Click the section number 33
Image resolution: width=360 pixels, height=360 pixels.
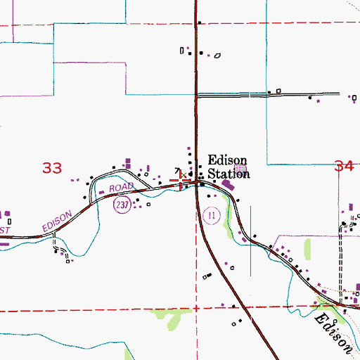pyautogui.click(x=51, y=168)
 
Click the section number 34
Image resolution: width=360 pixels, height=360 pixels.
pyautogui.click(x=344, y=167)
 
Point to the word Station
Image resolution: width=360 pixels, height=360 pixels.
pyautogui.click(x=227, y=173)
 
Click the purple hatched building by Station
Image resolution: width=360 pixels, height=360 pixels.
pyautogui.click(x=242, y=169)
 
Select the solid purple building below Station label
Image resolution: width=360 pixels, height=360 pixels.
pyautogui.click(x=228, y=185)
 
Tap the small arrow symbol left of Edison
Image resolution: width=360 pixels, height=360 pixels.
pyautogui.click(x=178, y=169)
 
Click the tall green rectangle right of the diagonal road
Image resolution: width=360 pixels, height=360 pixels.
pyautogui.click(x=307, y=249)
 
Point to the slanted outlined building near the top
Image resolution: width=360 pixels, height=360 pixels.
pyautogui.click(x=217, y=56)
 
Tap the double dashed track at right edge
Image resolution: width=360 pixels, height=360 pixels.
pyautogui.click(x=342, y=260)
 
